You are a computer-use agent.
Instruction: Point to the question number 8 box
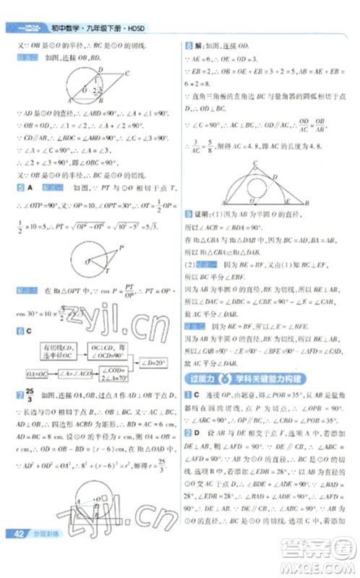189,44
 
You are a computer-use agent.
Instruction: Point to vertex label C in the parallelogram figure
127,73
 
